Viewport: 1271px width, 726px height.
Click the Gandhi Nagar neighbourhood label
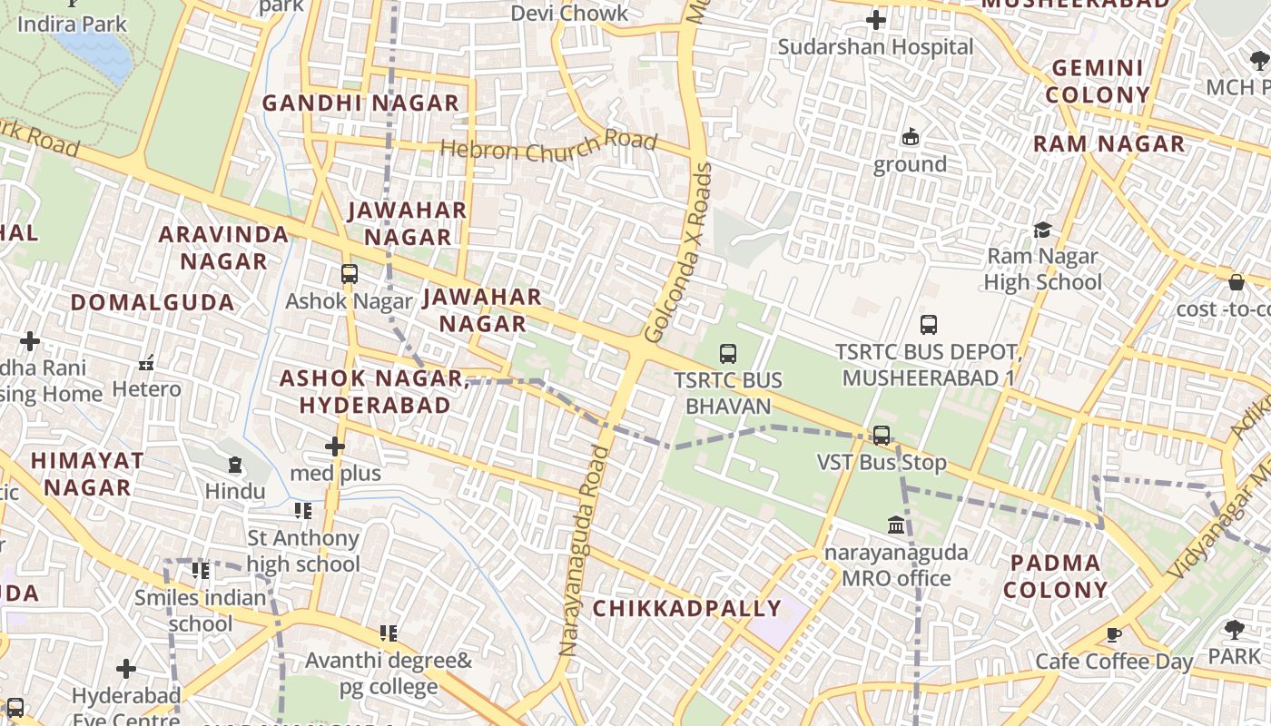pyautogui.click(x=360, y=103)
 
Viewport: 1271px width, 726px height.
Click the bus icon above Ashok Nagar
pyautogui.click(x=349, y=273)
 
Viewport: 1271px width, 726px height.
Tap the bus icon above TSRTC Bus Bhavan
pyautogui.click(x=727, y=354)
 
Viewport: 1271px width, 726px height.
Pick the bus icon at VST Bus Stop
pyautogui.click(x=881, y=435)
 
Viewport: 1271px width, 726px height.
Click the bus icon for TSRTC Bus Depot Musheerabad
pyautogui.click(x=928, y=324)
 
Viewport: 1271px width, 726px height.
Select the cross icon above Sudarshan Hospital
pyautogui.click(x=875, y=20)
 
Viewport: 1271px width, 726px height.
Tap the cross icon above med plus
pyautogui.click(x=335, y=446)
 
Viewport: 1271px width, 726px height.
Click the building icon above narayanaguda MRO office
pyautogui.click(x=896, y=525)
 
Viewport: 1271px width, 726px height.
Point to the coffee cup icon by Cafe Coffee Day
pyautogui.click(x=1114, y=634)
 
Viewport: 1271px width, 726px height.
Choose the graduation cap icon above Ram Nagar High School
pyautogui.click(x=1042, y=230)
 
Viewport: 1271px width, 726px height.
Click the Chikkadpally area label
pyautogui.click(x=686, y=609)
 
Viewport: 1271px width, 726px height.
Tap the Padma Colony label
pyautogui.click(x=1055, y=576)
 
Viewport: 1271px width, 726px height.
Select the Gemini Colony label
pyautogui.click(x=1097, y=82)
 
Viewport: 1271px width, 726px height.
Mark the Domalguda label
pyautogui.click(x=152, y=302)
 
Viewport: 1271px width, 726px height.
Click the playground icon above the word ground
pyautogui.click(x=910, y=137)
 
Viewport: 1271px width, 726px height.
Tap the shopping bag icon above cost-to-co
pyautogui.click(x=1236, y=282)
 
